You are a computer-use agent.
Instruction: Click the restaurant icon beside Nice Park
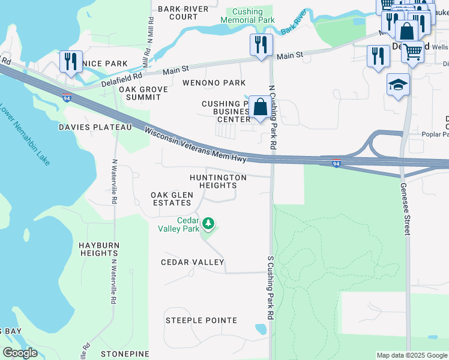(x=71, y=61)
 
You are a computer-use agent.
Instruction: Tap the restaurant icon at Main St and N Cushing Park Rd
(x=261, y=44)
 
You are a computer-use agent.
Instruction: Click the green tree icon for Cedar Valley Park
(x=208, y=224)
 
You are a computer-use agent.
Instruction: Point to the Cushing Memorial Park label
(x=247, y=15)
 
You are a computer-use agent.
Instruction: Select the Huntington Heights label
(x=218, y=182)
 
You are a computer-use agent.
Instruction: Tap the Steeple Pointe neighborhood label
(x=201, y=320)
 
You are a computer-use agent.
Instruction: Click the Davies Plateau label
(x=95, y=127)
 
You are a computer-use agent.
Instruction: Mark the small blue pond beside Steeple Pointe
(x=261, y=329)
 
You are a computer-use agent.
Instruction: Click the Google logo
(x=20, y=353)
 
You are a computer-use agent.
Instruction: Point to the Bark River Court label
(x=183, y=13)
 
